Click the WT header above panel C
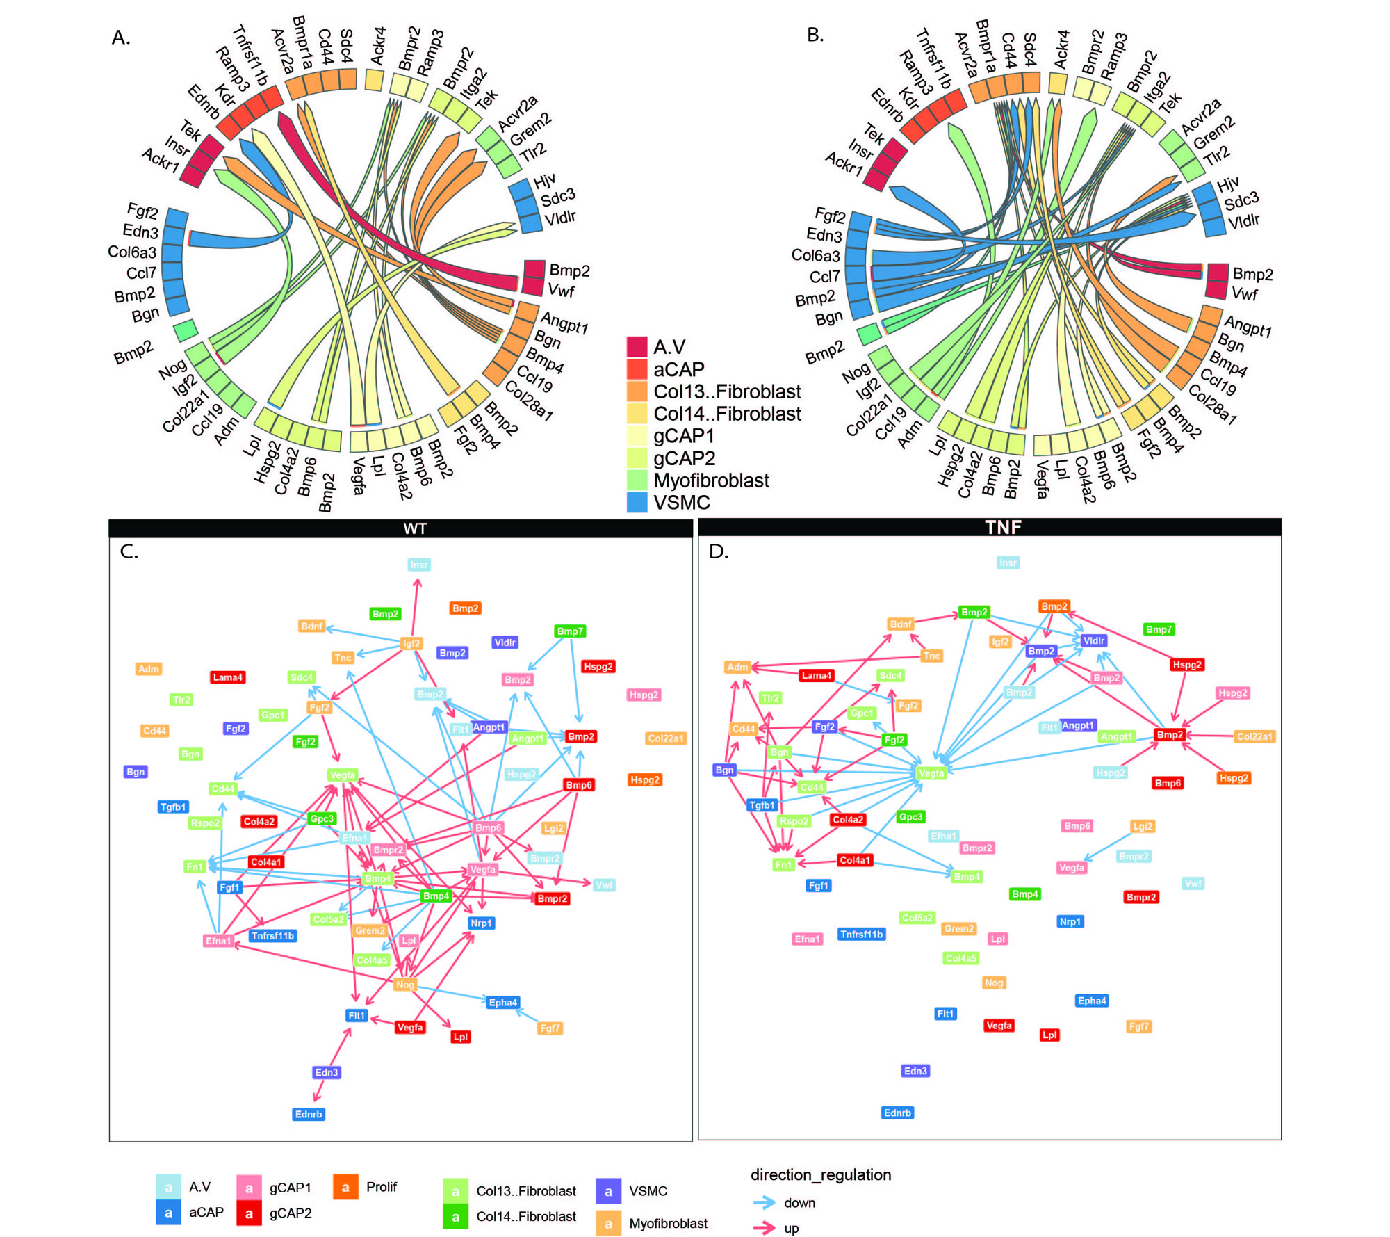point(415,528)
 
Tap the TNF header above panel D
point(1003,527)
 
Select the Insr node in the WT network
point(418,565)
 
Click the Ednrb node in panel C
point(309,1114)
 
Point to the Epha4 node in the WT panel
point(502,1003)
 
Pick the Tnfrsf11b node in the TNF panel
point(861,935)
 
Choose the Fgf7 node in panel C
point(550,1028)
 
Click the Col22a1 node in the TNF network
point(1254,736)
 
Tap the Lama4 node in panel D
point(816,675)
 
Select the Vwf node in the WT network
point(604,884)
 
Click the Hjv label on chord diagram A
point(544,181)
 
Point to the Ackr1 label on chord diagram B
point(844,164)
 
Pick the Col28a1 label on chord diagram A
point(529,401)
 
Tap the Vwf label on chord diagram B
point(1244,294)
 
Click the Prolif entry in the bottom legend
point(382,1187)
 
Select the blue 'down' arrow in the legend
point(764,1203)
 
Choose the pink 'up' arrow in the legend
point(764,1228)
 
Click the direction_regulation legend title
point(820,1175)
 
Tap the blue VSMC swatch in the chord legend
point(637,502)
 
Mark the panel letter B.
point(815,35)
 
